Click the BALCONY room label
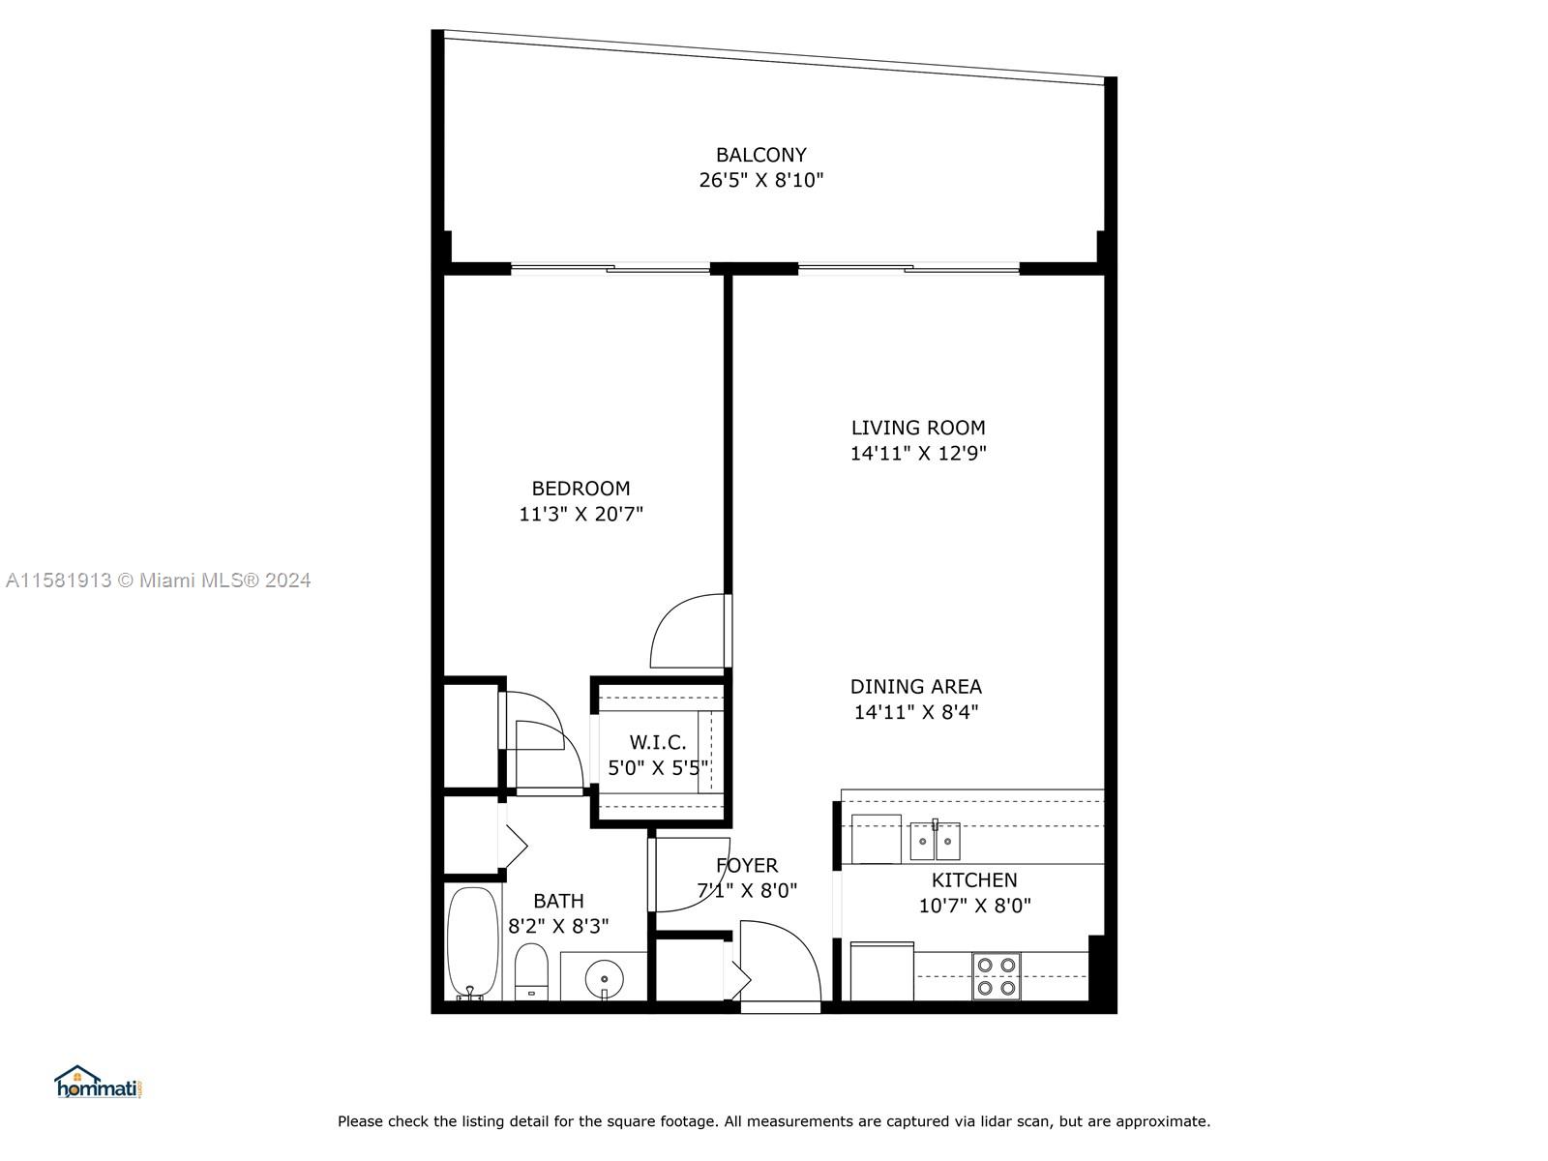point(761,155)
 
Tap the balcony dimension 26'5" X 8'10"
point(761,181)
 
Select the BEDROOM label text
point(581,489)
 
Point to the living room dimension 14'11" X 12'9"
point(917,453)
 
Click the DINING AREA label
point(916,687)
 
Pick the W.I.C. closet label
point(657,742)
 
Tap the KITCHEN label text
point(974,880)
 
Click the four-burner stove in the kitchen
point(996,976)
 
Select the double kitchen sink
point(936,840)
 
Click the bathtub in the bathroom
point(472,943)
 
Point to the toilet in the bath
point(532,972)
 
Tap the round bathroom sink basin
point(605,979)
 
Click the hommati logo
point(99,1082)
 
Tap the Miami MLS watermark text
point(158,580)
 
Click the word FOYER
point(747,866)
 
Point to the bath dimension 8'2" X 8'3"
point(558,926)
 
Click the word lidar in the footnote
point(1000,1121)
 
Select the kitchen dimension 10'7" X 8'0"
point(974,906)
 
